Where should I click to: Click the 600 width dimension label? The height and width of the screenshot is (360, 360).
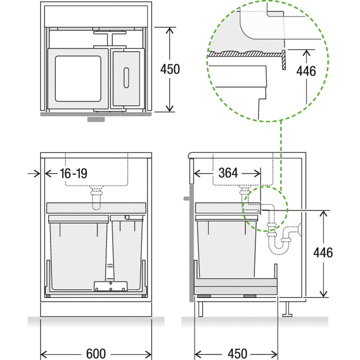(x=96, y=354)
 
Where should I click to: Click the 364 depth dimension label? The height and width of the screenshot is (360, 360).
(x=228, y=173)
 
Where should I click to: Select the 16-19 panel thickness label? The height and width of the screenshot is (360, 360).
(x=73, y=173)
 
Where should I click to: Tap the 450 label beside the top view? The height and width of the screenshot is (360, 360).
(x=170, y=69)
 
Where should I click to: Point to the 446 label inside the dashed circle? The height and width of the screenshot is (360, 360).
(x=306, y=71)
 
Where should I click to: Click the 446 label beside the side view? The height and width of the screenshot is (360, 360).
(x=323, y=252)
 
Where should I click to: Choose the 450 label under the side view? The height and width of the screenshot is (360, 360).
(x=238, y=354)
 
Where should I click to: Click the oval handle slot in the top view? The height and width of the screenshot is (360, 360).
(x=126, y=77)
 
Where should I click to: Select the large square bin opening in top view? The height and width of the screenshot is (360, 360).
(x=78, y=78)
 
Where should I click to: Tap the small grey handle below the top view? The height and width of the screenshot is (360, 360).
(x=96, y=119)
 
